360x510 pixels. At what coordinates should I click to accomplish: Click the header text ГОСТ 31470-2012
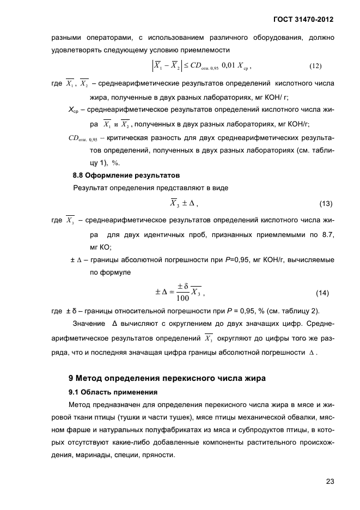303,20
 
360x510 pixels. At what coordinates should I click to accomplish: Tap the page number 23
330,481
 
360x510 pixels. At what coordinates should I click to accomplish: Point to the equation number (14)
323,294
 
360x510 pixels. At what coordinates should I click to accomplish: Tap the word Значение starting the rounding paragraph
88,324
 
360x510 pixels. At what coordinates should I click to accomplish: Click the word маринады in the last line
88,455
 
